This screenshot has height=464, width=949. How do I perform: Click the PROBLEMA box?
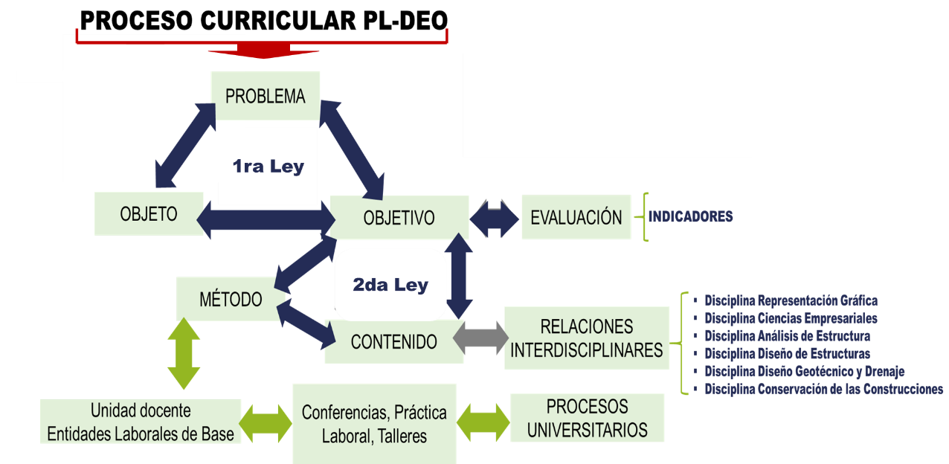point(266,96)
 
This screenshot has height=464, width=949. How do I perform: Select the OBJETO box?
point(149,214)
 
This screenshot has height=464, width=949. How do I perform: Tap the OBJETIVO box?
point(399,217)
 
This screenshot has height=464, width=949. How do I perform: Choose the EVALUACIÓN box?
point(576,217)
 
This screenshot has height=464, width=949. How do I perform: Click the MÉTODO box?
point(231,300)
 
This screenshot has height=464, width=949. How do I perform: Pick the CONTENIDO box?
point(393,342)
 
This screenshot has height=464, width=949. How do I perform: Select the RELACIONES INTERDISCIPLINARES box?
point(586,338)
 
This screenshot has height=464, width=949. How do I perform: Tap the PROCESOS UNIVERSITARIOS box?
point(587,418)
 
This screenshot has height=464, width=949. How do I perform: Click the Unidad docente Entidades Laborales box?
point(141,422)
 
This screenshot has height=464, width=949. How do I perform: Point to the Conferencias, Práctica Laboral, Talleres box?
point(374,423)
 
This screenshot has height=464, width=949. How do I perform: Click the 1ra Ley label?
point(268,167)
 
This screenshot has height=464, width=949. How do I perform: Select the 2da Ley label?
point(390,285)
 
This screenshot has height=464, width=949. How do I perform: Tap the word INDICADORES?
point(690,217)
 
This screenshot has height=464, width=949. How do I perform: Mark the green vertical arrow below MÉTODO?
point(184,353)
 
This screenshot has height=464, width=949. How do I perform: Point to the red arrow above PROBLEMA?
point(263,52)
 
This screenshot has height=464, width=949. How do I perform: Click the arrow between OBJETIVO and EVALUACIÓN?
point(495,218)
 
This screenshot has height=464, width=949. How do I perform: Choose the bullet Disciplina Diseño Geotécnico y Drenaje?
point(804,371)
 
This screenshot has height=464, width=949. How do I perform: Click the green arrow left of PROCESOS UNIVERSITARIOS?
point(483,422)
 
